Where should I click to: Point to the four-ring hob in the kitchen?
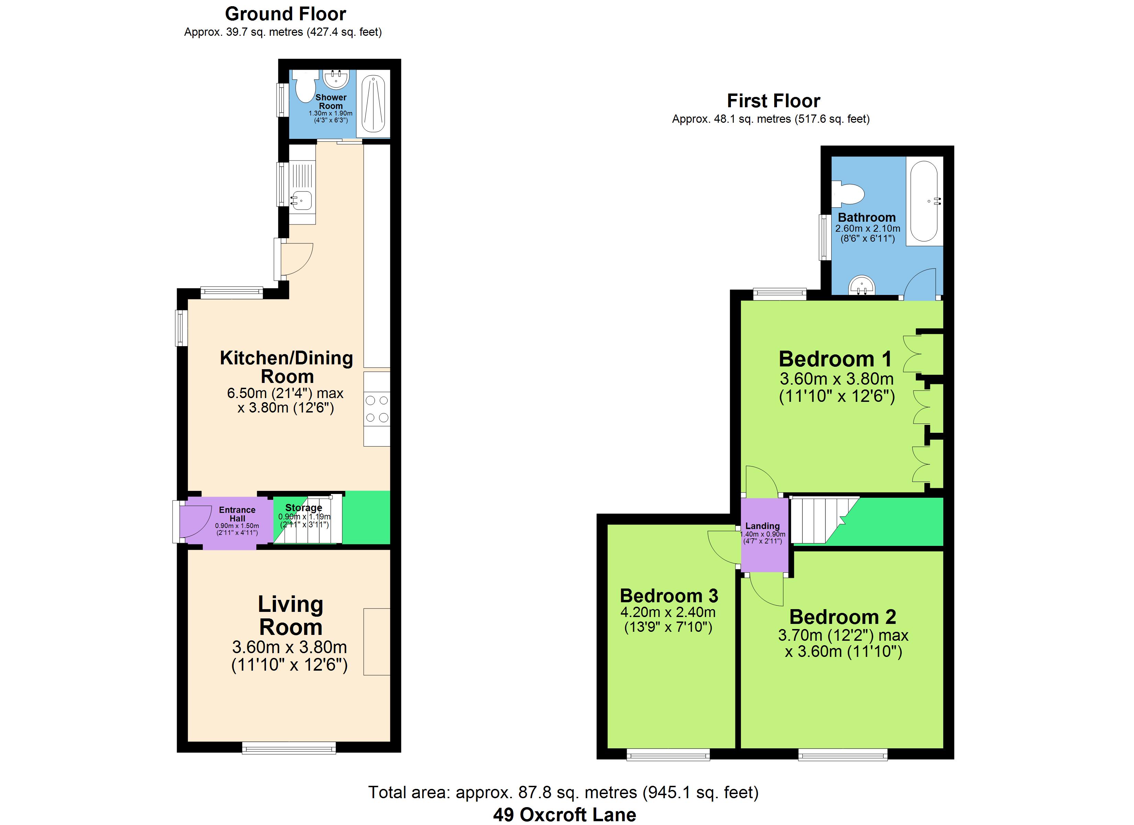pyautogui.click(x=377, y=409)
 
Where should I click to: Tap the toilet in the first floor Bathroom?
pyautogui.click(x=848, y=194)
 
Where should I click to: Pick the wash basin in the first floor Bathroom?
pyautogui.click(x=861, y=286)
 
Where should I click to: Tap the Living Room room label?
pyautogui.click(x=290, y=615)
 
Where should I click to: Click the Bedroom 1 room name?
pyautogui.click(x=835, y=359)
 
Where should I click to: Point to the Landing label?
pyautogui.click(x=763, y=526)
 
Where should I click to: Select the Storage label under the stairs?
pyautogui.click(x=303, y=508)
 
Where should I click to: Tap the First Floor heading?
pyautogui.click(x=774, y=101)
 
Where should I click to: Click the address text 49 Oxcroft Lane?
pyautogui.click(x=565, y=814)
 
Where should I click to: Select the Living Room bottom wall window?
pyautogui.click(x=289, y=748)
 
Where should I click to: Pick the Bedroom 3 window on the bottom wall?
pyautogui.click(x=668, y=755)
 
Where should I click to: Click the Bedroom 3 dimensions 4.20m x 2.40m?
pyautogui.click(x=668, y=612)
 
